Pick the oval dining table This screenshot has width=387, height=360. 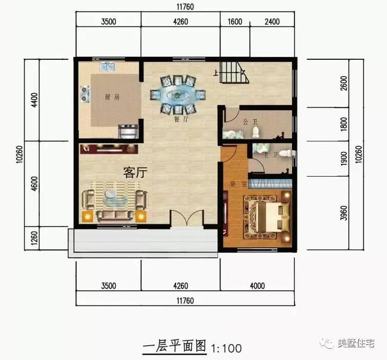pos(178,94)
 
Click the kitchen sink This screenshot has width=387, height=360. pos(109,67)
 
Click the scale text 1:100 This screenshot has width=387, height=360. pos(227,348)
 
